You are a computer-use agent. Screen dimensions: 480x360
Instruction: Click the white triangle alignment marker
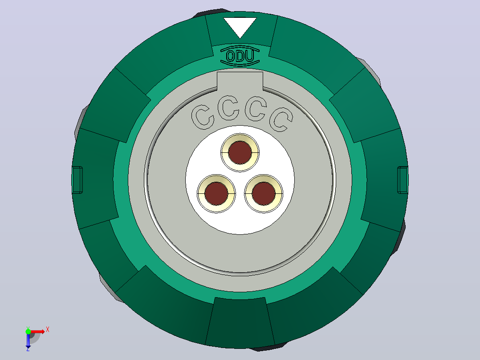tap(240, 26)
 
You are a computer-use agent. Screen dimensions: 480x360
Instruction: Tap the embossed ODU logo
tap(240, 56)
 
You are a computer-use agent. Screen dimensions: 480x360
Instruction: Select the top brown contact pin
tap(240, 152)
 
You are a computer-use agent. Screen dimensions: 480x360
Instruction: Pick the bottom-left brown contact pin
tap(216, 194)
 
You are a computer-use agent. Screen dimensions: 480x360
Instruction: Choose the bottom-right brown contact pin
tap(264, 194)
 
